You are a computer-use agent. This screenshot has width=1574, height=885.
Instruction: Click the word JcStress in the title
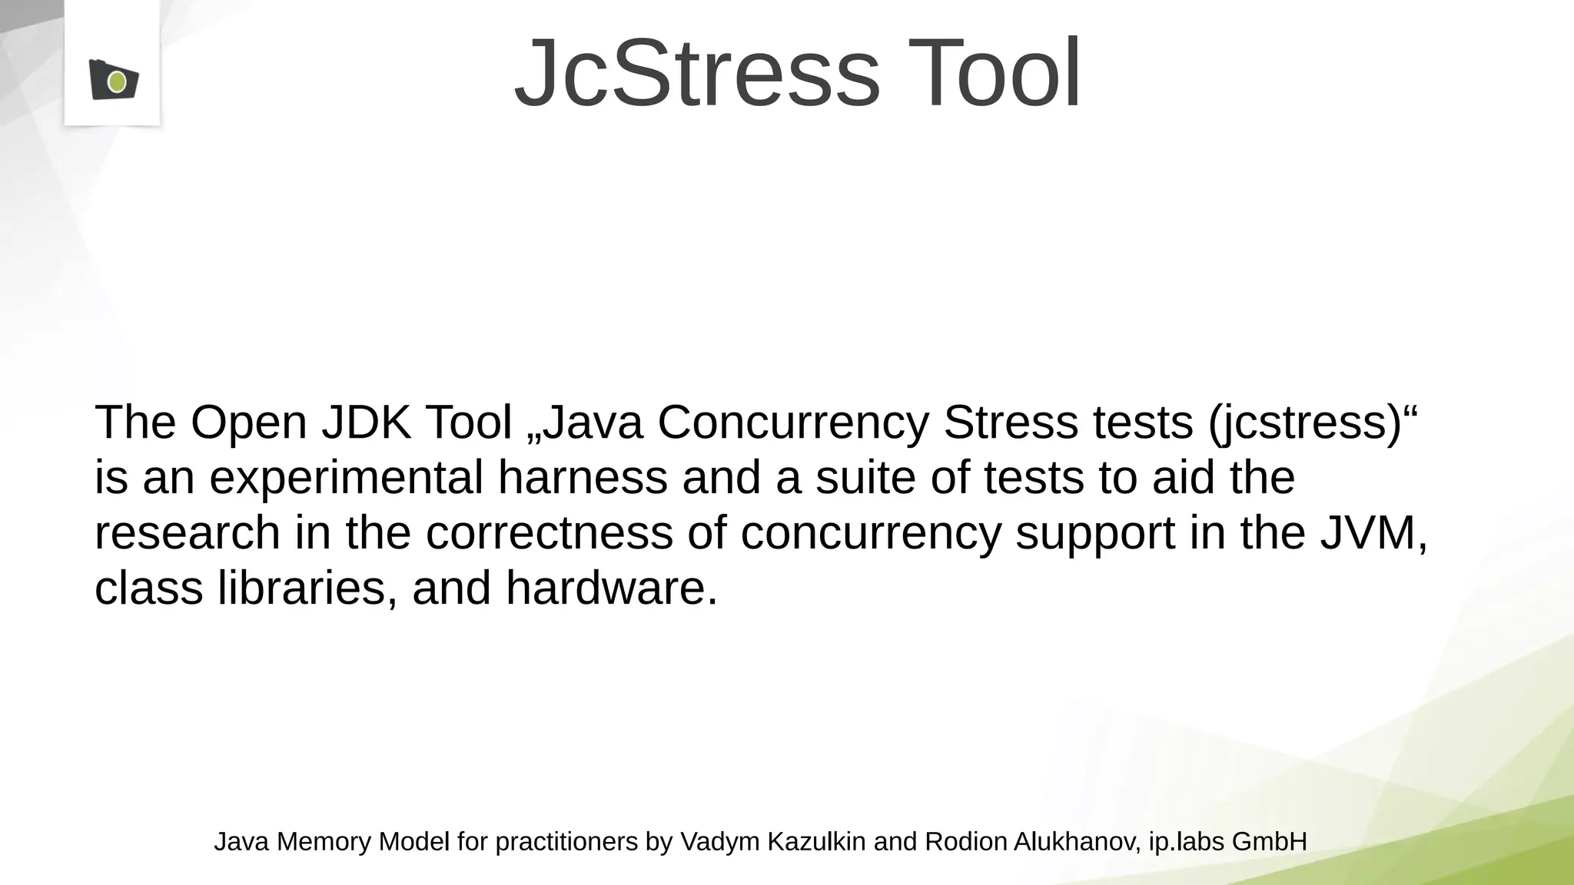tap(696, 74)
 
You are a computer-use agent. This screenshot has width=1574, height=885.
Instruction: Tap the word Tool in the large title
tap(995, 74)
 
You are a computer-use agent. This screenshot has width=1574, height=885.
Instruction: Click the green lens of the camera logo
tap(117, 81)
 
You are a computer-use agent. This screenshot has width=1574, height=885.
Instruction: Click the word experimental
tap(346, 478)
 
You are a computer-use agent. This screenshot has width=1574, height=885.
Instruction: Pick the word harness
tap(583, 478)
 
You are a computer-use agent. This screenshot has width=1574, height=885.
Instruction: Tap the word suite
tap(865, 478)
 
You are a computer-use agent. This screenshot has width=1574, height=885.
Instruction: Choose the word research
tap(188, 533)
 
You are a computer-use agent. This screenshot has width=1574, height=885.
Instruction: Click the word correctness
tap(550, 533)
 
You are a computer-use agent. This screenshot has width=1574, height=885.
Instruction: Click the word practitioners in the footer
tap(566, 842)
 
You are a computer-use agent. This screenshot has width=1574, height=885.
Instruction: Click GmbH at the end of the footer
tap(1269, 842)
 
